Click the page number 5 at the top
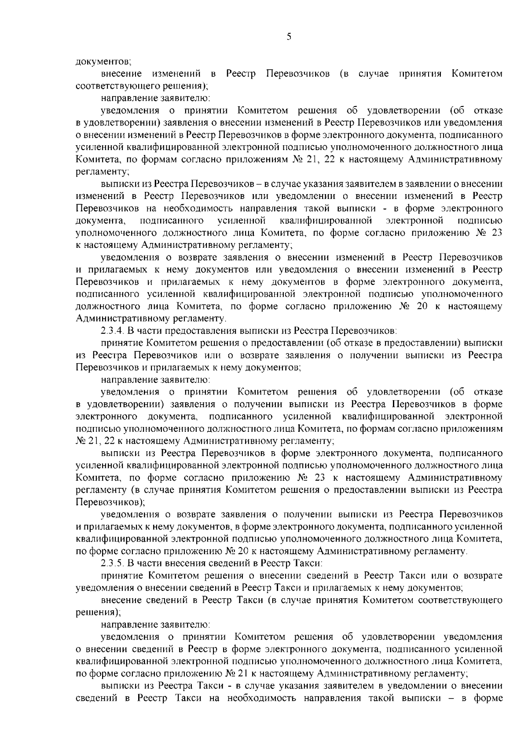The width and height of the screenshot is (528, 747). [x=289, y=37]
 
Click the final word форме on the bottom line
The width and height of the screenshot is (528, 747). [x=489, y=698]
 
